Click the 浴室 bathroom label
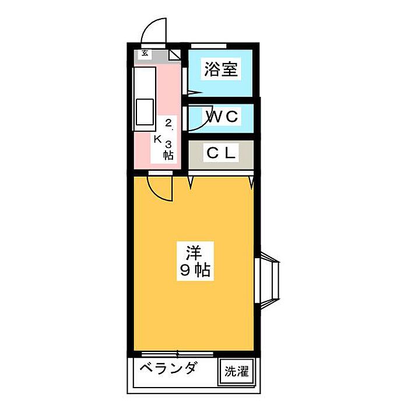click(220, 70)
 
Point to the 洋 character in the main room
click(194, 252)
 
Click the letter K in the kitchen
click(157, 139)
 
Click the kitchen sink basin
click(145, 111)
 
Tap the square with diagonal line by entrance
click(175, 55)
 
